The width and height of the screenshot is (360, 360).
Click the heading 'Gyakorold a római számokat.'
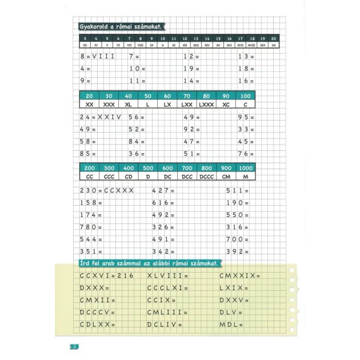tap(119, 26)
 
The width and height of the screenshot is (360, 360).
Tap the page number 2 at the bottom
tap(74, 347)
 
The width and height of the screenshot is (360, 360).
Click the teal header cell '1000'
tap(246, 168)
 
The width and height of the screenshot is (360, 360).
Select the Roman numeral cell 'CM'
tap(226, 178)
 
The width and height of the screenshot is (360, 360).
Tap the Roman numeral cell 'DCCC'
tap(206, 178)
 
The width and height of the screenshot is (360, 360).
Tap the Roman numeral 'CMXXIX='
tap(239, 275)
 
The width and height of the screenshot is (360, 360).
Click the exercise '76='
tap(245, 153)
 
